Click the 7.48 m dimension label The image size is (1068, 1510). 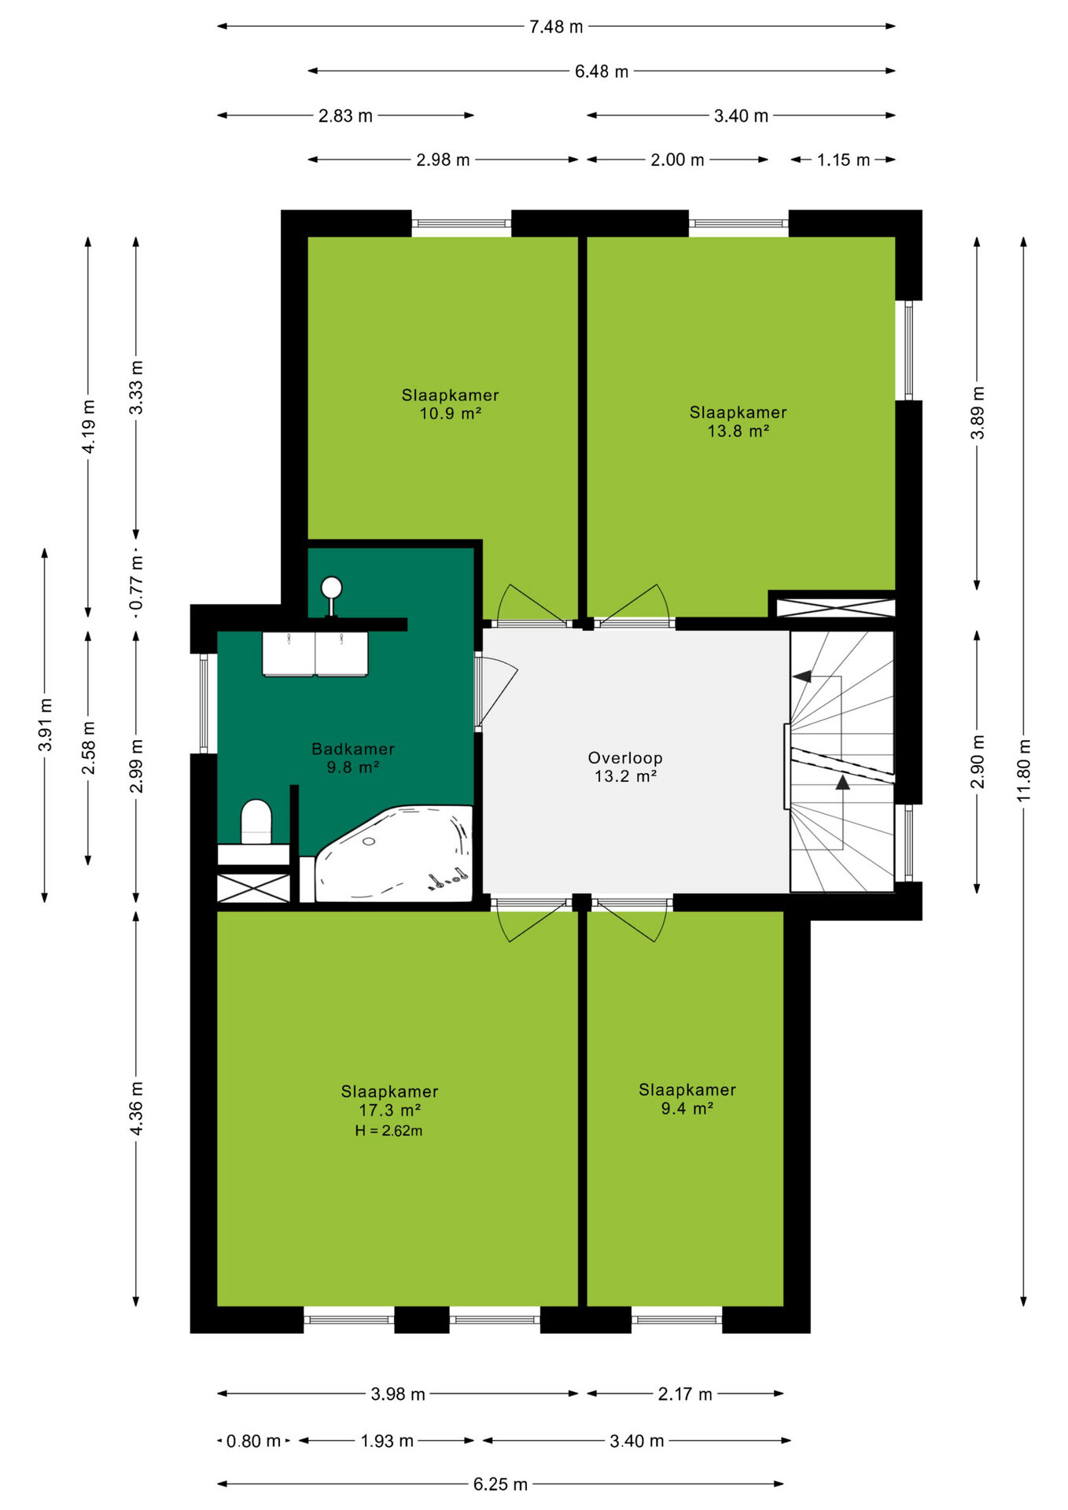click(556, 27)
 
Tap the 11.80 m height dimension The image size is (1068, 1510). click(1023, 771)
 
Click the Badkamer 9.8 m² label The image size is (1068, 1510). click(353, 758)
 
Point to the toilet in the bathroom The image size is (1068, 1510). click(256, 822)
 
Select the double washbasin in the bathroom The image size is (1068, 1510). click(315, 654)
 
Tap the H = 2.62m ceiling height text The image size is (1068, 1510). click(389, 1131)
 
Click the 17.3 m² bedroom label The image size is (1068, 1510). click(389, 1101)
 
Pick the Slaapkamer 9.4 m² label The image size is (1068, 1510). click(687, 1099)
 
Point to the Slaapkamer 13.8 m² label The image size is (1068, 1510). click(738, 422)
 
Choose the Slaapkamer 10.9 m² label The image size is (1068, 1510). click(450, 404)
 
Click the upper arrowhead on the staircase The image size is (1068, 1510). click(801, 676)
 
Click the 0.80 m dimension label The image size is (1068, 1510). click(253, 1441)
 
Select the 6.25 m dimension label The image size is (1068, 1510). click(500, 1484)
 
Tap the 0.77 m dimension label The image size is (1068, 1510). click(136, 583)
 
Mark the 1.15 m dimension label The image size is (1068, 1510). click(843, 160)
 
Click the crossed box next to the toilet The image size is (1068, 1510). click(253, 888)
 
